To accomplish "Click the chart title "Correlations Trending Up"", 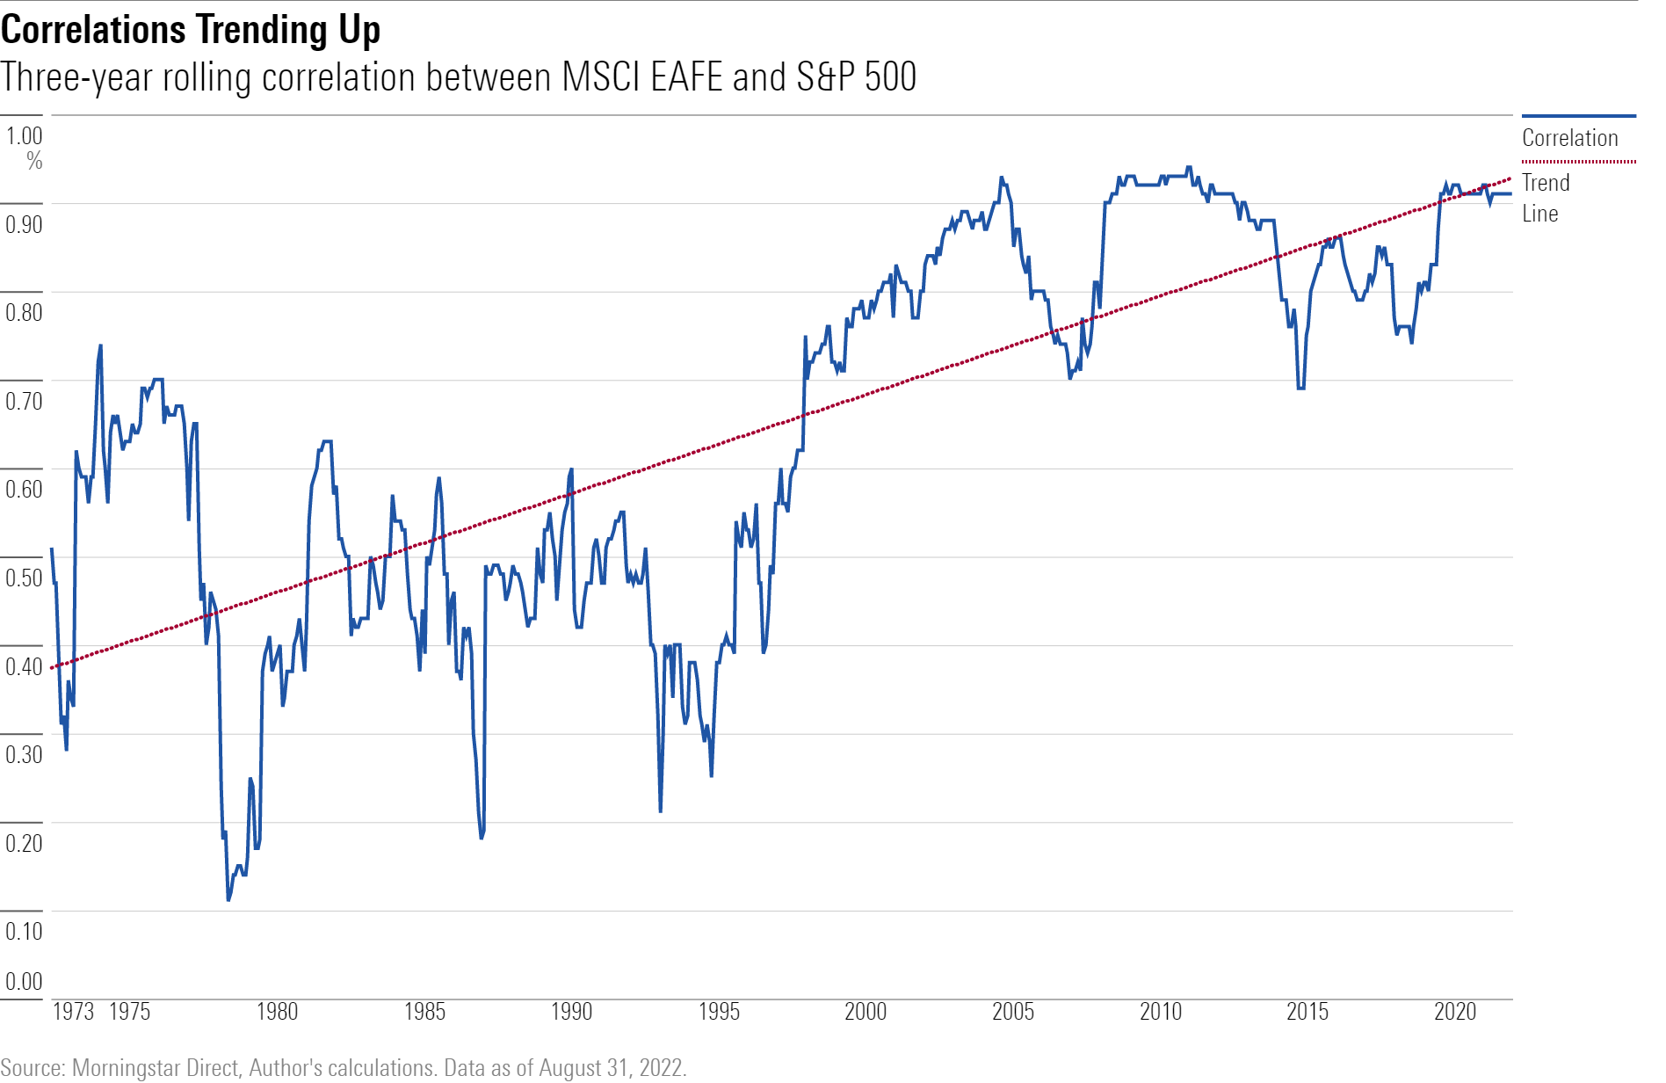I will point(191,30).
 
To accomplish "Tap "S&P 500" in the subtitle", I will point(856,77).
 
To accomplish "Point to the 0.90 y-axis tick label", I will point(24,224).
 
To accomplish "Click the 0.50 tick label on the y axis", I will point(24,578).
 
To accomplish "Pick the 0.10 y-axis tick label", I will point(24,931).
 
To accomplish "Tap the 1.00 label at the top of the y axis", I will point(25,136).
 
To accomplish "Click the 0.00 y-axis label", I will point(24,981).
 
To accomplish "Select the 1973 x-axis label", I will point(73,1012).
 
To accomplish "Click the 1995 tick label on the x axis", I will point(719,1012).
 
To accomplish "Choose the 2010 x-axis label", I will point(1160,1012).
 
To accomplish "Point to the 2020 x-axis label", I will point(1455,1012).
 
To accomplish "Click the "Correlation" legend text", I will point(1569,138).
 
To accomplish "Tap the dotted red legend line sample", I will point(1578,162).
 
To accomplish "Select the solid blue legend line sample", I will point(1578,116).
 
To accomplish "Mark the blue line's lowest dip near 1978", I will point(228,899).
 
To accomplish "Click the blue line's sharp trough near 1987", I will point(482,838).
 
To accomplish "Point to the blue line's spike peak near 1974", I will point(100,345).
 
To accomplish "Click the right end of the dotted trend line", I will point(1510,178).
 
